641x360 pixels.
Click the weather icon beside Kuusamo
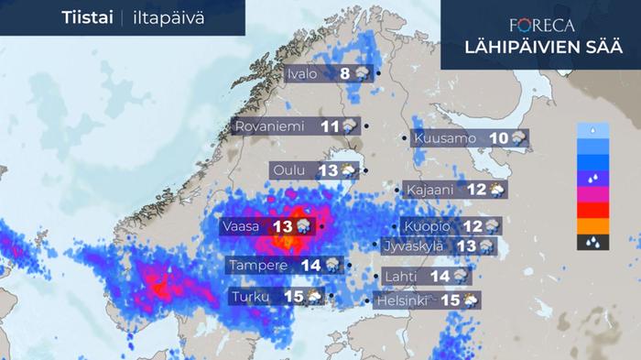click(519, 138)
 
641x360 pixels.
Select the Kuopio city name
click(427, 226)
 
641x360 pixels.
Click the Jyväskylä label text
click(413, 246)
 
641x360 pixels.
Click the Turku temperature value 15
click(293, 296)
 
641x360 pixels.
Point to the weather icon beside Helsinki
click(470, 300)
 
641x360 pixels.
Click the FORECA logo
click(542, 26)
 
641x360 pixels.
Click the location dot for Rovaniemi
click(366, 126)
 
